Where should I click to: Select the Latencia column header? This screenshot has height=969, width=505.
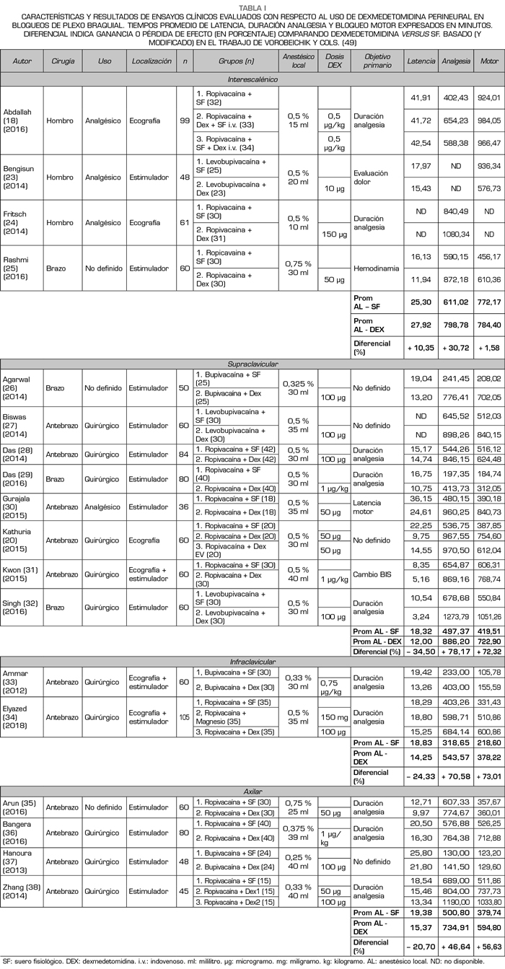(x=421, y=61)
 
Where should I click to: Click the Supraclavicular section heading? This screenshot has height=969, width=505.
(x=252, y=364)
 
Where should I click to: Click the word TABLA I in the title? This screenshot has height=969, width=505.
(x=252, y=5)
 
